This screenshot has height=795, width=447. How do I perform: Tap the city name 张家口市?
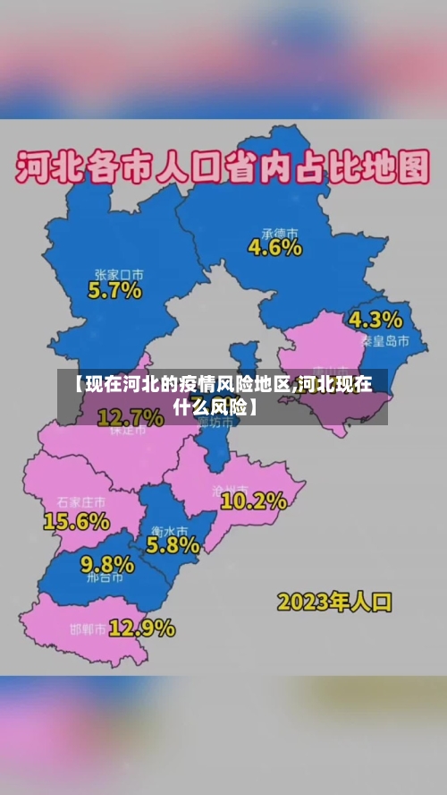click(119, 273)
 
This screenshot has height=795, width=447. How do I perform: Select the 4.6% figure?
click(274, 247)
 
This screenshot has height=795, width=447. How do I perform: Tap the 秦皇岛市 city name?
click(385, 341)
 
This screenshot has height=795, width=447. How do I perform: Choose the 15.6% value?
click(77, 519)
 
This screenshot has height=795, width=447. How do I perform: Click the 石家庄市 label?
click(80, 501)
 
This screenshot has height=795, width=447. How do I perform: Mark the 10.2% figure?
click(253, 501)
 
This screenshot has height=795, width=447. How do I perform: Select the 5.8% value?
click(173, 543)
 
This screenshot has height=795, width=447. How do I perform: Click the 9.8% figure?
click(107, 564)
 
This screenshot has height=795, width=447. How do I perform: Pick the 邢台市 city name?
click(105, 580)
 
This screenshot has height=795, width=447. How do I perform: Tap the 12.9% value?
click(141, 628)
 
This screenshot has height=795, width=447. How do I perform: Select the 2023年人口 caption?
click(334, 601)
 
